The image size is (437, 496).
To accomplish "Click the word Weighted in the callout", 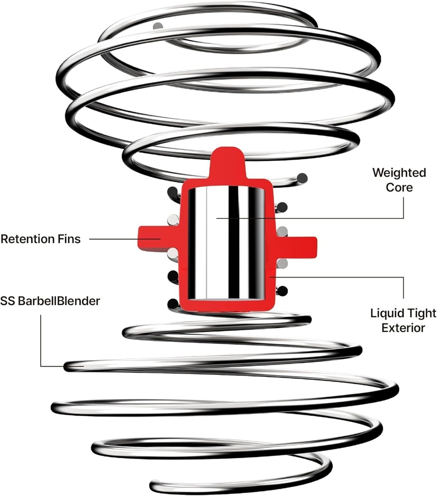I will click(399, 173).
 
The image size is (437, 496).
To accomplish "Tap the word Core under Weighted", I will click(399, 187).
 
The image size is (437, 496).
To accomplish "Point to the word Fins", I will click(70, 239).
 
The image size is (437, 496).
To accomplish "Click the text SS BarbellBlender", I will click(50, 301).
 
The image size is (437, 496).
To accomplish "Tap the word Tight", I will click(414, 314).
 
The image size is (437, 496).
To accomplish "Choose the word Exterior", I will click(403, 328).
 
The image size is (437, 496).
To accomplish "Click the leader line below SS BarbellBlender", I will click(41, 339).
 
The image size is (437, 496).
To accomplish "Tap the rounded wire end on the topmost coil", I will click(156, 26).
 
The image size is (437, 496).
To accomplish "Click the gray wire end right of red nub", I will click(302, 178).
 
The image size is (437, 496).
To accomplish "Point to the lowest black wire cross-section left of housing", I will click(172, 304).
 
